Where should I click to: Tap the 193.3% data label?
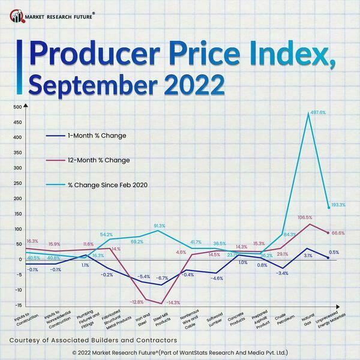[339, 205]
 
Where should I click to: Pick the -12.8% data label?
[138, 301]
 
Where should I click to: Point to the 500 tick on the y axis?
[17, 107]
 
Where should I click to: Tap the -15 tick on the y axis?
[18, 305]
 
